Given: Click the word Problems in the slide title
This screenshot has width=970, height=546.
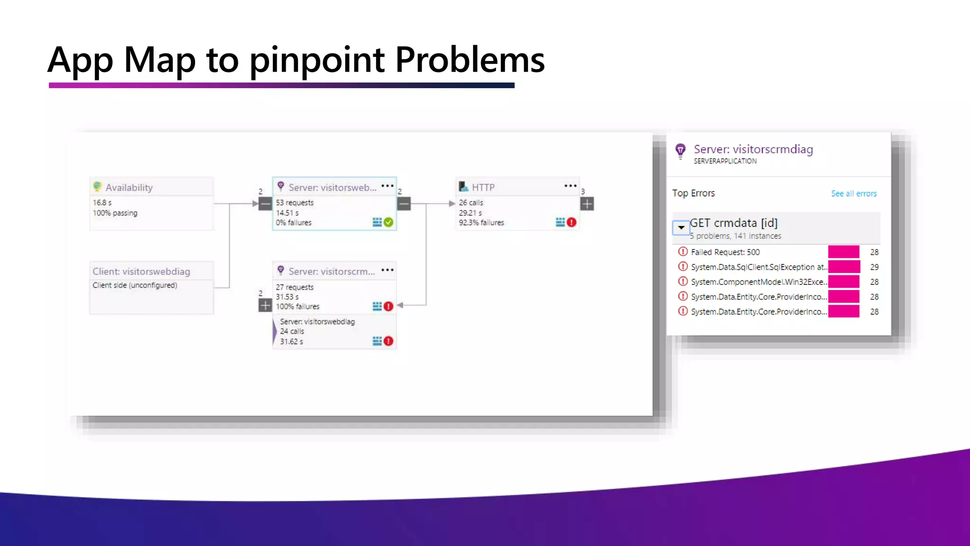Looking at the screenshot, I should [x=469, y=60].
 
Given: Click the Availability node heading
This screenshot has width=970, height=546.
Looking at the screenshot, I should [x=129, y=188].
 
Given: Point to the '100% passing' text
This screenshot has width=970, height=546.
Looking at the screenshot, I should [x=115, y=213].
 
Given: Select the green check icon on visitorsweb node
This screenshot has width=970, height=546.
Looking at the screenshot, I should [x=388, y=222].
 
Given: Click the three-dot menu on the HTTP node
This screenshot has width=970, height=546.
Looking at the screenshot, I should [x=570, y=186].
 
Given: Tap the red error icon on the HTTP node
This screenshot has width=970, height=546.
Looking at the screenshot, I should [x=572, y=222].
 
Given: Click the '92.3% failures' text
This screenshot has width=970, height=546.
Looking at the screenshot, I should [x=481, y=223].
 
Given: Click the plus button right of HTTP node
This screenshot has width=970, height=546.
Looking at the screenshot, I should [x=587, y=204].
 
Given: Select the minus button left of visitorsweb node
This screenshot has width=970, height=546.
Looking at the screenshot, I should [x=265, y=204].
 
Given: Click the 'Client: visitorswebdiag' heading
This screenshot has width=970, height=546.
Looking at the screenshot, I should [x=141, y=272].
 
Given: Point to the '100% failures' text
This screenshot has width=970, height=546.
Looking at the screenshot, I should [x=297, y=307].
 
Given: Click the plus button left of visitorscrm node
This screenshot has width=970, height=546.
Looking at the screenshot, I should [x=265, y=306].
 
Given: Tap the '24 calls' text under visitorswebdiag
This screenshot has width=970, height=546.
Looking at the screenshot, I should [x=292, y=331].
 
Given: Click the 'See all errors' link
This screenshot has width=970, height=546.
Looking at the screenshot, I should [x=853, y=193].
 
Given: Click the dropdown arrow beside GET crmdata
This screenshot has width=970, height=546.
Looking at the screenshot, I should [x=681, y=227].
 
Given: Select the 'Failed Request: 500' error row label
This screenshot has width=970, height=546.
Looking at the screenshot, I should [x=725, y=252].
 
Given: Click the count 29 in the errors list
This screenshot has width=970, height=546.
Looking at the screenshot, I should [x=874, y=267].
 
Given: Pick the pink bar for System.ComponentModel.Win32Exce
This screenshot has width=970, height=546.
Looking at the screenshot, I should [x=844, y=282].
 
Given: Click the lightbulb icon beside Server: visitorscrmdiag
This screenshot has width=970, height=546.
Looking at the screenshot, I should [x=681, y=151].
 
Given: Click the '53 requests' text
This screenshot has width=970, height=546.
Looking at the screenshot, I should [x=295, y=203].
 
